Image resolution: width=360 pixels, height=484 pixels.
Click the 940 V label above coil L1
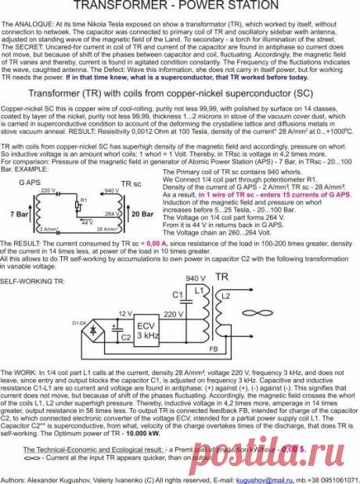[196, 278]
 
